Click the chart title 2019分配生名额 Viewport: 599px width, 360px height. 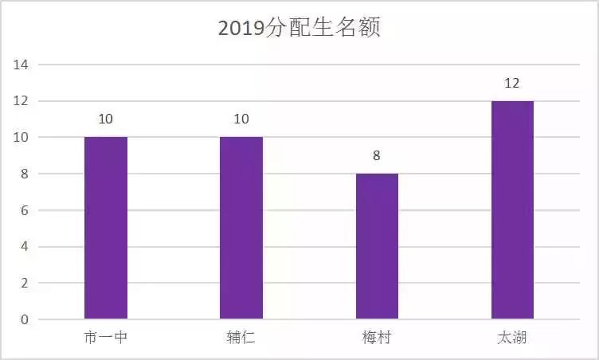pos(299,29)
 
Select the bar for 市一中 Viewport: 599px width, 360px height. pos(106,228)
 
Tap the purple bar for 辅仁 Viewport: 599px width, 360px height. pos(241,228)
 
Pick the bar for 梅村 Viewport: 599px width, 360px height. pos(377,246)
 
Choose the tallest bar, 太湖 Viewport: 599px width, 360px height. pos(512,210)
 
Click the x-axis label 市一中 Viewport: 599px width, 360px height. pos(105,338)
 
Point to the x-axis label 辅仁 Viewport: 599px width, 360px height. pos(241,338)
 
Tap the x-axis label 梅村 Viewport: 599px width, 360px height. pos(377,338)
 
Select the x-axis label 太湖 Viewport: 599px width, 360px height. pos(512,338)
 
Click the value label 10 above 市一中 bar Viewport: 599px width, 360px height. pos(106,119)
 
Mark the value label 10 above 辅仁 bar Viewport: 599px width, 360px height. pos(241,119)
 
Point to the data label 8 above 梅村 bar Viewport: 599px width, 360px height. pos(377,156)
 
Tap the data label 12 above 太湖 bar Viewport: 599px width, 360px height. pos(512,83)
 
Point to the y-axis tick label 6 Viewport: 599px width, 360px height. pos(24,210)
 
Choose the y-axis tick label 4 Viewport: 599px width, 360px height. pos(24,247)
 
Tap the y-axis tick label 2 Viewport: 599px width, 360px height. pos(24,284)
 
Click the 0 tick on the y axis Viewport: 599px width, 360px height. pos(24,320)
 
